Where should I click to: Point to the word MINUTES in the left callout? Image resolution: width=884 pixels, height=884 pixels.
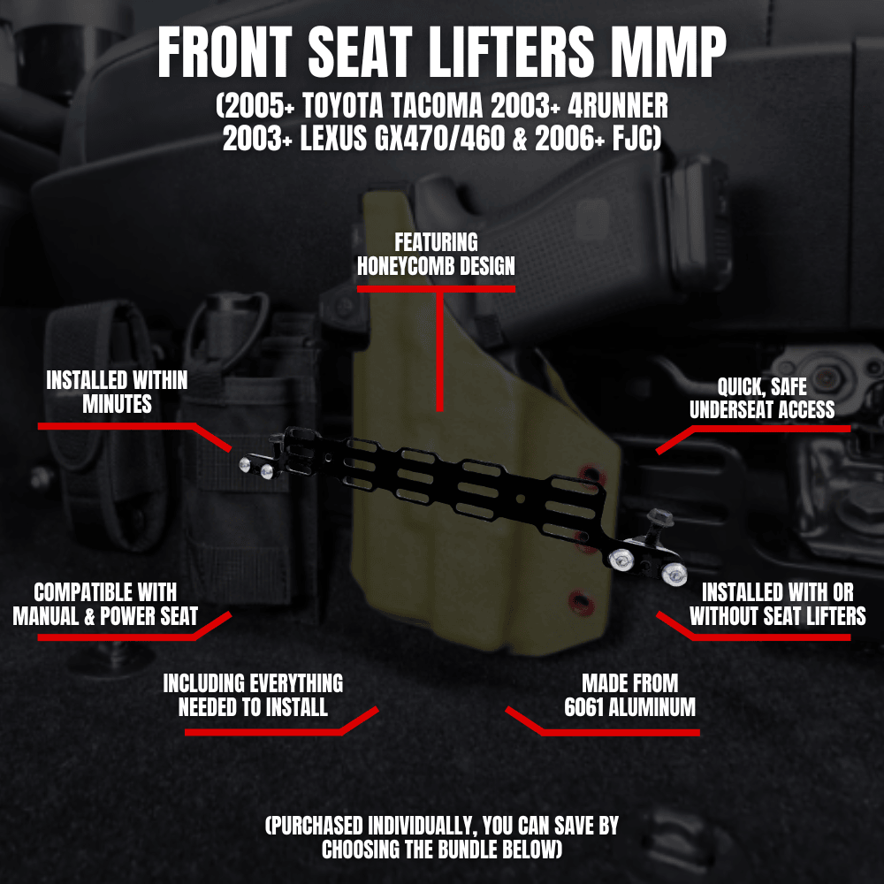point(117,404)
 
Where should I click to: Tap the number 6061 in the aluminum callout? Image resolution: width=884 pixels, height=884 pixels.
point(588,707)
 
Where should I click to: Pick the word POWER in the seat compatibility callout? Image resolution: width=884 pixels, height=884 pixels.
point(122,615)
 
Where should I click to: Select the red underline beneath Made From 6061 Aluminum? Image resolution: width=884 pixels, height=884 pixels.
point(619,732)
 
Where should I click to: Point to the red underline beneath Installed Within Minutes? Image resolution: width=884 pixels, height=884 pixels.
point(115,426)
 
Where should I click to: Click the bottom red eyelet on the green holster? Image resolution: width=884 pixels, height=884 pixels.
point(579,604)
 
